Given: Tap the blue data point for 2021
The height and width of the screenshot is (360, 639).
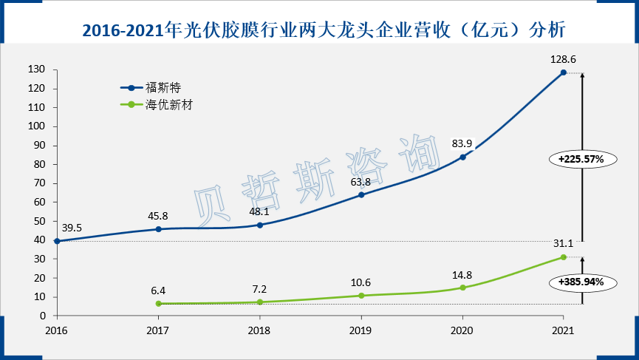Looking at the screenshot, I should pyautogui.click(x=564, y=72).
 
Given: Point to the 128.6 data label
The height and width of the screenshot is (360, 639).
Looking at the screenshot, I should pyautogui.click(x=564, y=58).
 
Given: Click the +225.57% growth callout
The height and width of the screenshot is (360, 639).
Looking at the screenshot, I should pyautogui.click(x=581, y=158).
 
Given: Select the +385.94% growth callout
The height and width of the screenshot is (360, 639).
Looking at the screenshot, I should pyautogui.click(x=581, y=282).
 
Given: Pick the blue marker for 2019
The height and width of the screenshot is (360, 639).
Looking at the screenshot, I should pyautogui.click(x=361, y=195).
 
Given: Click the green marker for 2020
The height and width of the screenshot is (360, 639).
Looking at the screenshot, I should pyautogui.click(x=462, y=288).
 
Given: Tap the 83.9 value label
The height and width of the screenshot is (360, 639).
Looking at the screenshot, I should pyautogui.click(x=462, y=143).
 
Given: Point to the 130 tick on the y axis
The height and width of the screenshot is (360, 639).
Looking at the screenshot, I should pyautogui.click(x=38, y=69).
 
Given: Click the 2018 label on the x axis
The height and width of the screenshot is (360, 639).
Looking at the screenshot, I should pyautogui.click(x=259, y=330).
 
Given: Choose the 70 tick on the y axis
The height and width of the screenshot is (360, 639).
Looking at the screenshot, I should pyautogui.click(x=40, y=183).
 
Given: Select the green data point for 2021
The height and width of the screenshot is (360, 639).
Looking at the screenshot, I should pyautogui.click(x=564, y=257).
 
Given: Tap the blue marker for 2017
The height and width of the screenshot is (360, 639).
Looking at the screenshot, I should pyautogui.click(x=158, y=229).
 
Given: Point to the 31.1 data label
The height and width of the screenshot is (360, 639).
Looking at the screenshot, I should pyautogui.click(x=564, y=244).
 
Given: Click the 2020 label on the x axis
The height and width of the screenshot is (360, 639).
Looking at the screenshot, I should pyautogui.click(x=462, y=330).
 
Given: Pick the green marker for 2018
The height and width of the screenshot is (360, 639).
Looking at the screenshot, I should pyautogui.click(x=259, y=302).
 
